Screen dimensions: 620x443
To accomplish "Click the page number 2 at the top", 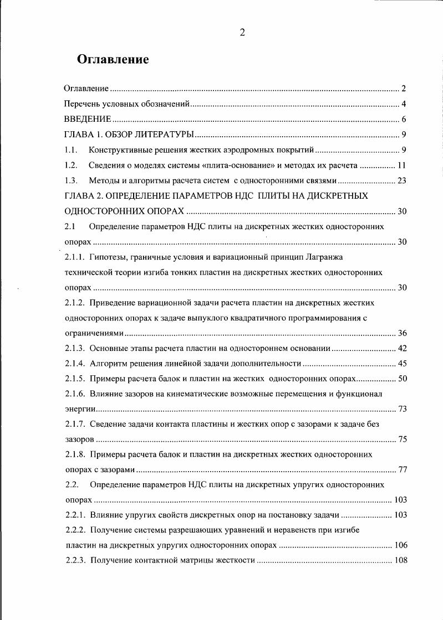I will coord(242,32).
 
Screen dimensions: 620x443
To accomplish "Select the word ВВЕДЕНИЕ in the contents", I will coord(88,119).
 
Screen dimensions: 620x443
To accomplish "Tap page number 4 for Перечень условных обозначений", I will coord(404,104).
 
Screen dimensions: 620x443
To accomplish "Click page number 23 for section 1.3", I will coord(402,180).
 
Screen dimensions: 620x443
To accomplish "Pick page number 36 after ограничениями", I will coord(403,333).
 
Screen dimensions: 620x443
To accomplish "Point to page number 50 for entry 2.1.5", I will coord(403,379).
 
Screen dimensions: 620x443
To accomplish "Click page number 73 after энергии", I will coord(403,409).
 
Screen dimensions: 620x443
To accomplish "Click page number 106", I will coord(400,545).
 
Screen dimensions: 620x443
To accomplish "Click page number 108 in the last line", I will coord(400,560).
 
